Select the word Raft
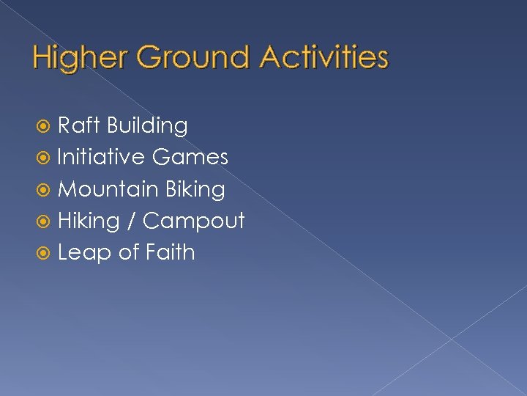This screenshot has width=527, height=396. [x=79, y=125]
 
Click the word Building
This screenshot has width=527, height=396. [x=147, y=126]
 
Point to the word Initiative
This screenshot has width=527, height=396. [x=102, y=157]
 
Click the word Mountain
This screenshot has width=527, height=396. [x=108, y=189]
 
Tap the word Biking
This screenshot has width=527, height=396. [x=195, y=190]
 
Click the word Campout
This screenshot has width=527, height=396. [x=194, y=221]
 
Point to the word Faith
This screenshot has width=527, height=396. [x=171, y=252]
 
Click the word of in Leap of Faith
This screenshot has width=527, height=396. [x=128, y=252]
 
